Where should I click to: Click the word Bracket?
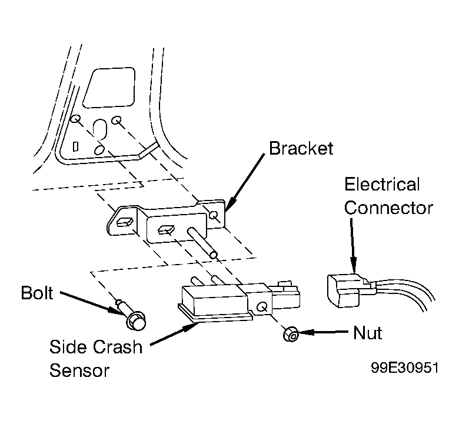click(301, 148)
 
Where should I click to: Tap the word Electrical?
click(382, 184)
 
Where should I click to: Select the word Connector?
click(388, 208)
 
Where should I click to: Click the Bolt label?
click(37, 293)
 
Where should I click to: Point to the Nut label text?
click(367, 333)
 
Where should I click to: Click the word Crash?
click(118, 347)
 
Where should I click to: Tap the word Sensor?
click(79, 370)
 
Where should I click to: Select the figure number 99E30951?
click(405, 367)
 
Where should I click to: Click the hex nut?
click(291, 334)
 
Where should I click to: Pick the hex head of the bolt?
click(136, 322)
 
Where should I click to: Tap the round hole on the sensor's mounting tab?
click(262, 307)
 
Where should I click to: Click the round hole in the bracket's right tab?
click(214, 216)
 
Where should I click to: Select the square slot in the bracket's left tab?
click(125, 222)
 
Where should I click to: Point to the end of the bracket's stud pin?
click(214, 255)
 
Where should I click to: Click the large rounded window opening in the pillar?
click(109, 88)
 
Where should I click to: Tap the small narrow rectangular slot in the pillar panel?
click(75, 146)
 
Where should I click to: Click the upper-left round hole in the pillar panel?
click(75, 119)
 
